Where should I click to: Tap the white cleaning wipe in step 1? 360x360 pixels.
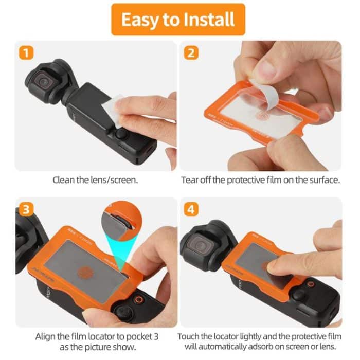(x=113, y=111)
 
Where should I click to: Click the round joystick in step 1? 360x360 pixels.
(x=121, y=134)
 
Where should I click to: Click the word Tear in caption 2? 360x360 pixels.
(x=190, y=181)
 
